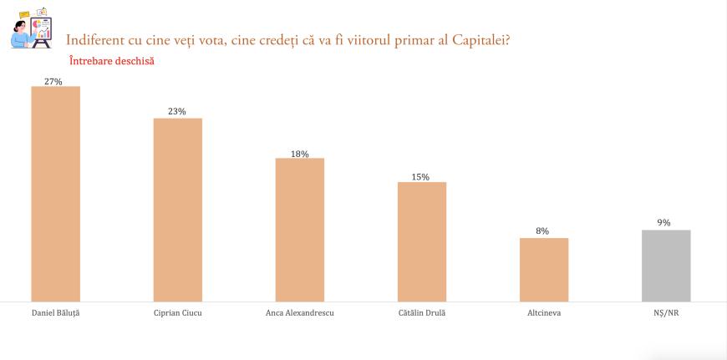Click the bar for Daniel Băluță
point(55,194)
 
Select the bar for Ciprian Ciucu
point(177,210)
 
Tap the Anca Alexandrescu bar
point(300,230)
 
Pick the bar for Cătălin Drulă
point(422,241)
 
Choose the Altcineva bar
point(544,270)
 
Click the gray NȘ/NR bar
point(666,266)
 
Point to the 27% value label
point(55,81)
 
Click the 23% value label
point(177,112)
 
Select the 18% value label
point(300,154)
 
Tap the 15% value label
point(420,177)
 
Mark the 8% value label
point(542,231)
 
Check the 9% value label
point(664,223)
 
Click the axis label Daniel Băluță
point(55,314)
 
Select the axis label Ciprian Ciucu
point(177,314)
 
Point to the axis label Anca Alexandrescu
point(299,314)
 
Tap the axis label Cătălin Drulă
point(422,314)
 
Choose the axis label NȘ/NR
point(666,314)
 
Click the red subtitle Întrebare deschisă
point(111,60)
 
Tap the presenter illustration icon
point(31,28)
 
